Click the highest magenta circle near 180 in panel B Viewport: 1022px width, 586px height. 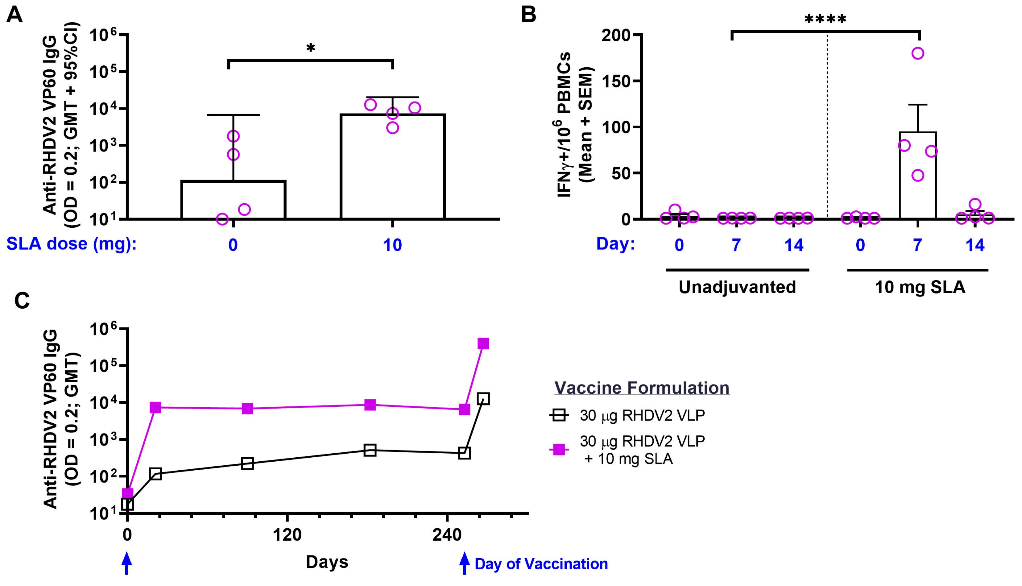click(918, 53)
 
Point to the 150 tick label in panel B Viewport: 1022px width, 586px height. click(615, 81)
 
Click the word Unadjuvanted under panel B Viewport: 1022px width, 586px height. click(737, 287)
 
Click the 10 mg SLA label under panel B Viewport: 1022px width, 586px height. click(920, 287)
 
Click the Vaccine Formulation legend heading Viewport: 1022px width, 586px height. click(642, 388)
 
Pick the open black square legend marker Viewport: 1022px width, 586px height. click(559, 415)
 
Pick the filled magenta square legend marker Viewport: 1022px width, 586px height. click(559, 450)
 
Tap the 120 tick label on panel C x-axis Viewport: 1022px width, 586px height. click(287, 536)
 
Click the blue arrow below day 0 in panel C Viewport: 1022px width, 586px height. click(127, 563)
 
